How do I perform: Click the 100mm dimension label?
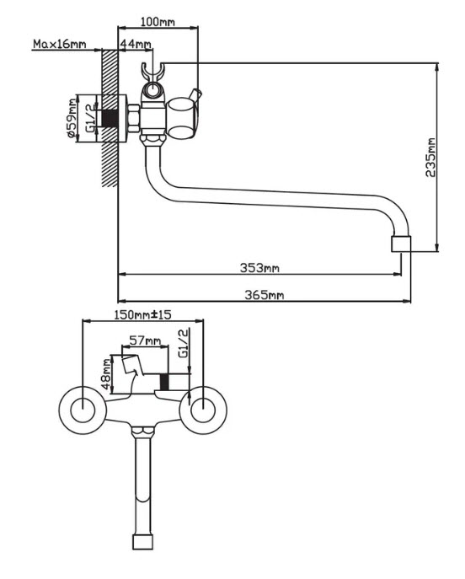(158, 22)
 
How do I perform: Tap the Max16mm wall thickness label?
(60, 44)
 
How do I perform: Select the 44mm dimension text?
(136, 44)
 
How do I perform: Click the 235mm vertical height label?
(430, 158)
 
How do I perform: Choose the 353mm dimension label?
(259, 267)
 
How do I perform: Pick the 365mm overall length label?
(265, 295)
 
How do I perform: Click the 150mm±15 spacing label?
(142, 314)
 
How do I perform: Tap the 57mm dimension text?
(145, 340)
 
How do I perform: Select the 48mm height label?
(106, 373)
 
